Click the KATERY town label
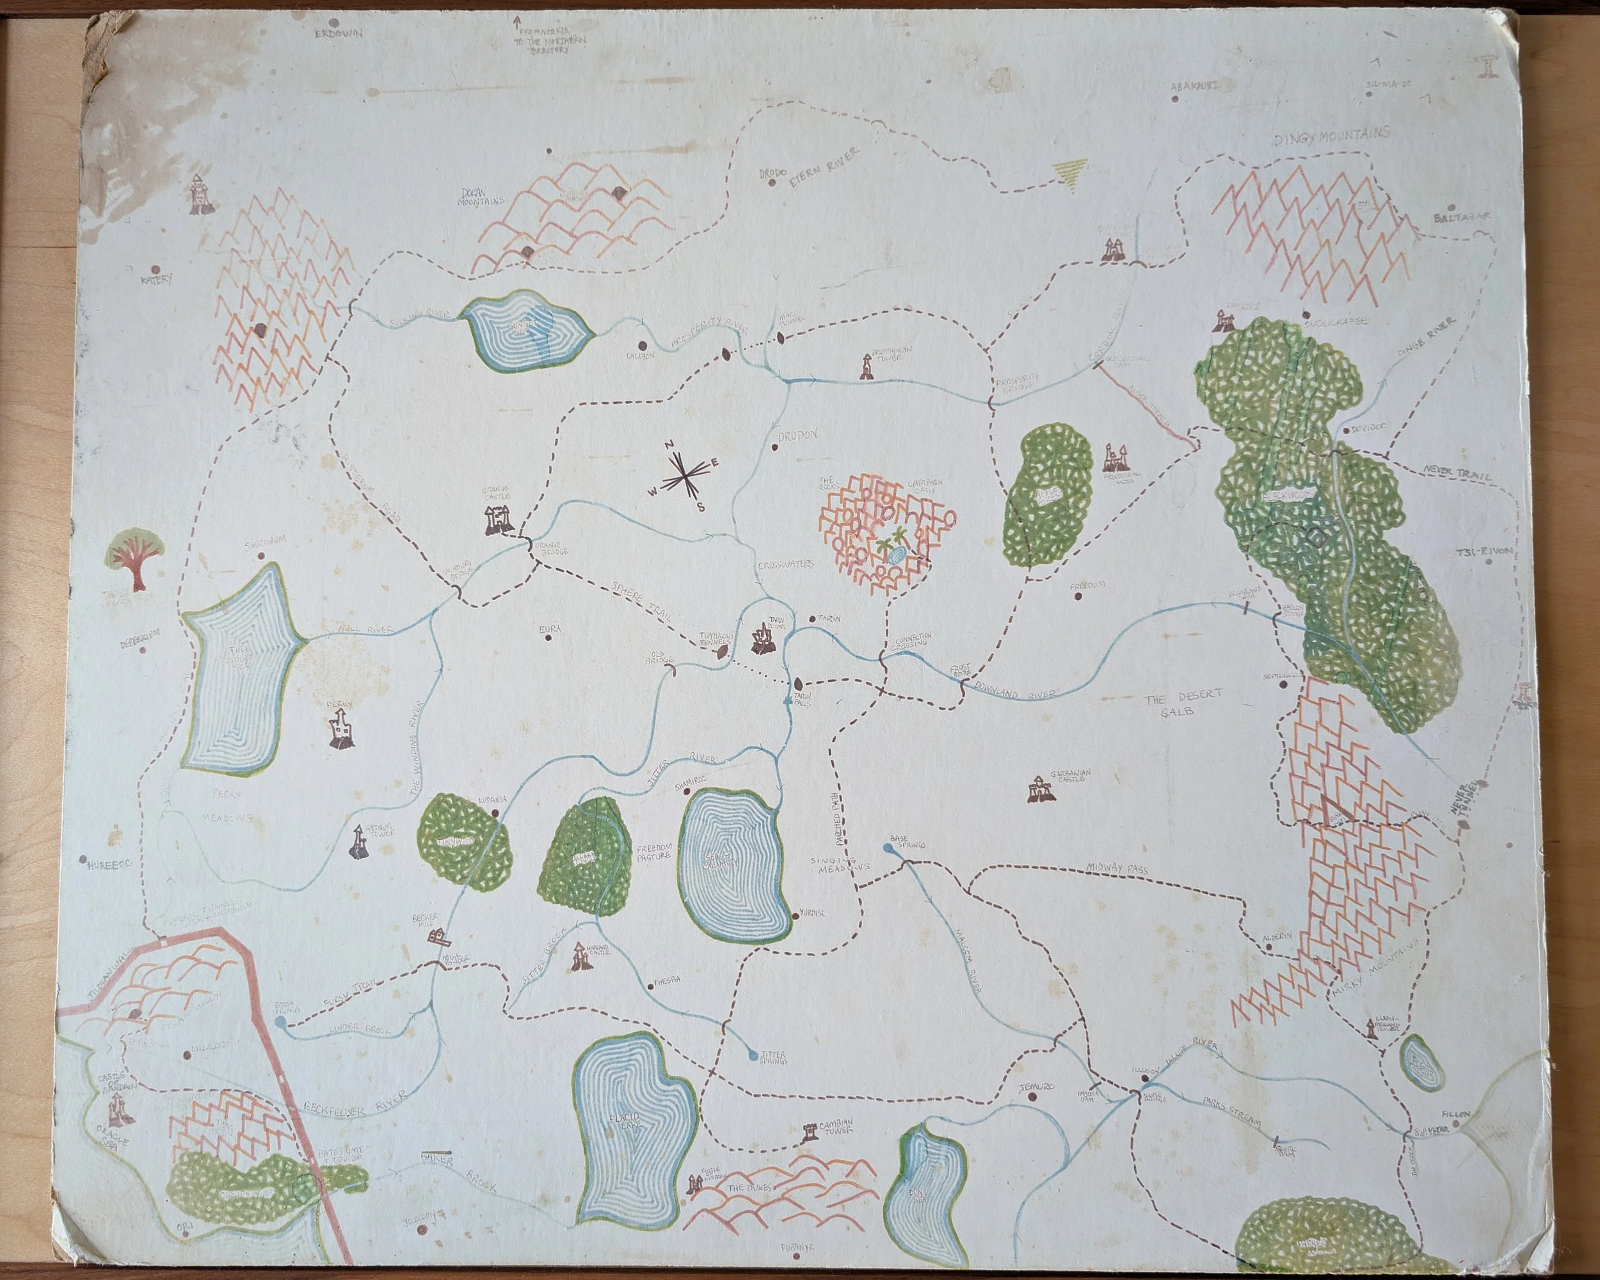(157, 280)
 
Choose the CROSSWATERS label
(785, 563)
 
